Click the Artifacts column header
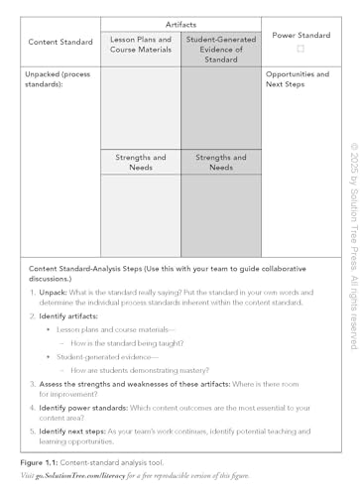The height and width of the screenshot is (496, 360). coord(180,23)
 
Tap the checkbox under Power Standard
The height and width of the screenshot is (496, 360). coord(300,49)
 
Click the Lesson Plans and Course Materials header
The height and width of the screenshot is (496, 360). coord(140,46)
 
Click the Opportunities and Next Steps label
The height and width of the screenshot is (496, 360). coord(298,79)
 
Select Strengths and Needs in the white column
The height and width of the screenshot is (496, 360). coord(140,163)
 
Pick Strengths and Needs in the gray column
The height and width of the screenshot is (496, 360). coord(221,163)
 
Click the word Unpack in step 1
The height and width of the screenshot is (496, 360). coord(54,292)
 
